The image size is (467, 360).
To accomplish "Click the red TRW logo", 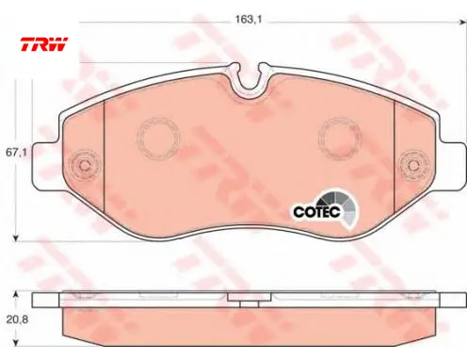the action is click(x=44, y=44).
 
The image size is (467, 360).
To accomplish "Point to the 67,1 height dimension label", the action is click(x=16, y=153).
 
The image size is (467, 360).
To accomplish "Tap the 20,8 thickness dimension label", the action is click(x=17, y=319).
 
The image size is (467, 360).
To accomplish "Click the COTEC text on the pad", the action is click(x=317, y=212).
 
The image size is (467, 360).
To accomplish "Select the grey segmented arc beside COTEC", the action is click(x=343, y=205).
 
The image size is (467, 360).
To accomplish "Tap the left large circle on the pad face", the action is click(x=159, y=138).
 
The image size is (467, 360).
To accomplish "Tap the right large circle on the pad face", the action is click(x=340, y=138).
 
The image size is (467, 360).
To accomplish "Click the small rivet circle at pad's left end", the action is click(x=84, y=165).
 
